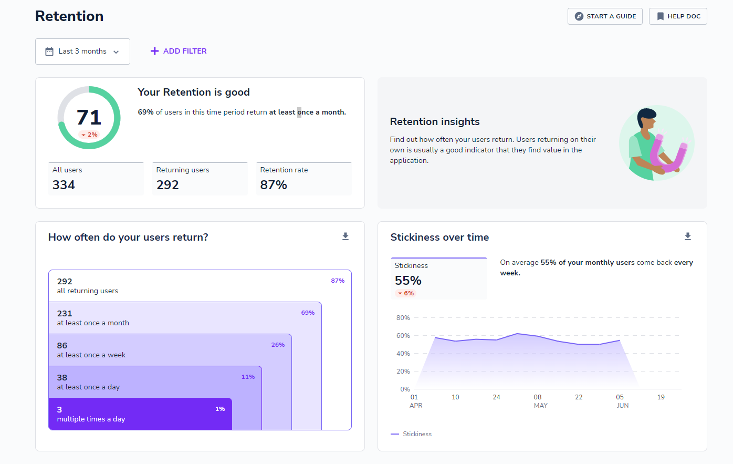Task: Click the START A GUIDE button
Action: pyautogui.click(x=605, y=16)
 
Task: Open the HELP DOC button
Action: pyautogui.click(x=678, y=16)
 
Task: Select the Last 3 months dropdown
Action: pyautogui.click(x=82, y=51)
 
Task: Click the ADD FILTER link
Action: pyautogui.click(x=179, y=51)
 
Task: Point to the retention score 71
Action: pyautogui.click(x=89, y=117)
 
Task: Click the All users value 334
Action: pyautogui.click(x=64, y=185)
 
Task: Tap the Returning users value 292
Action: pyautogui.click(x=167, y=185)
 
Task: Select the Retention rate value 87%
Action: pyautogui.click(x=274, y=185)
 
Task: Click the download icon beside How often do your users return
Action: pyautogui.click(x=345, y=236)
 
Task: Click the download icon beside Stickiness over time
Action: pyautogui.click(x=688, y=236)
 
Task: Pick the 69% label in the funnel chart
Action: pyautogui.click(x=308, y=313)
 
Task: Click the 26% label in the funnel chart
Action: pyautogui.click(x=278, y=345)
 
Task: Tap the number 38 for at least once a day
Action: pyautogui.click(x=62, y=377)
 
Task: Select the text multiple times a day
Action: pyautogui.click(x=91, y=419)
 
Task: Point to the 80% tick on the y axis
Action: pyautogui.click(x=403, y=318)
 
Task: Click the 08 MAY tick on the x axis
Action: pyautogui.click(x=539, y=401)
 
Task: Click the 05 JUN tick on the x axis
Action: pyautogui.click(x=622, y=401)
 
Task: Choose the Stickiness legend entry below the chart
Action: pyautogui.click(x=412, y=434)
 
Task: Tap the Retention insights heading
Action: pyautogui.click(x=435, y=122)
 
